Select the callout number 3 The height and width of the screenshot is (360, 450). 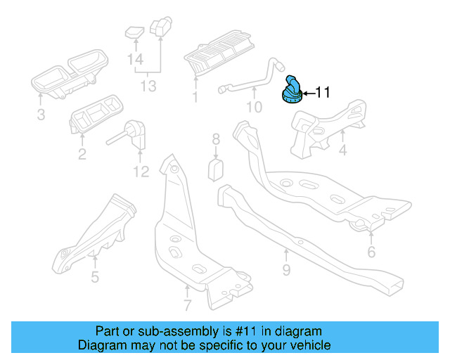tap(41, 113)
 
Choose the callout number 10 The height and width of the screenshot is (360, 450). tap(253, 107)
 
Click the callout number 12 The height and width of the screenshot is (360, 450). tap(141, 171)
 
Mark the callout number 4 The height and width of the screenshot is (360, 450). tap(342, 150)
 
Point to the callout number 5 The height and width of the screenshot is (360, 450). tap(95, 276)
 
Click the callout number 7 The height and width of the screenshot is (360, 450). tap(187, 305)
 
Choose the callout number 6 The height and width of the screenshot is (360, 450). tap(371, 251)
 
